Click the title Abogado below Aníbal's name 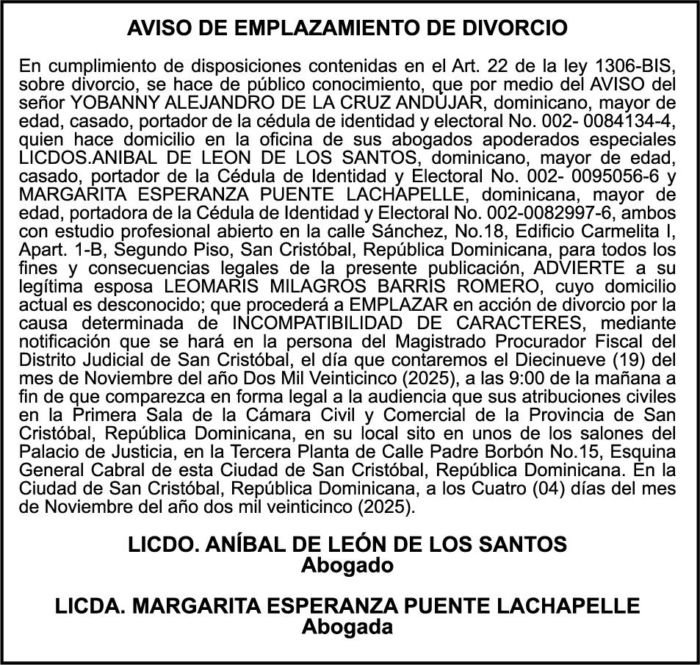(x=347, y=566)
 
